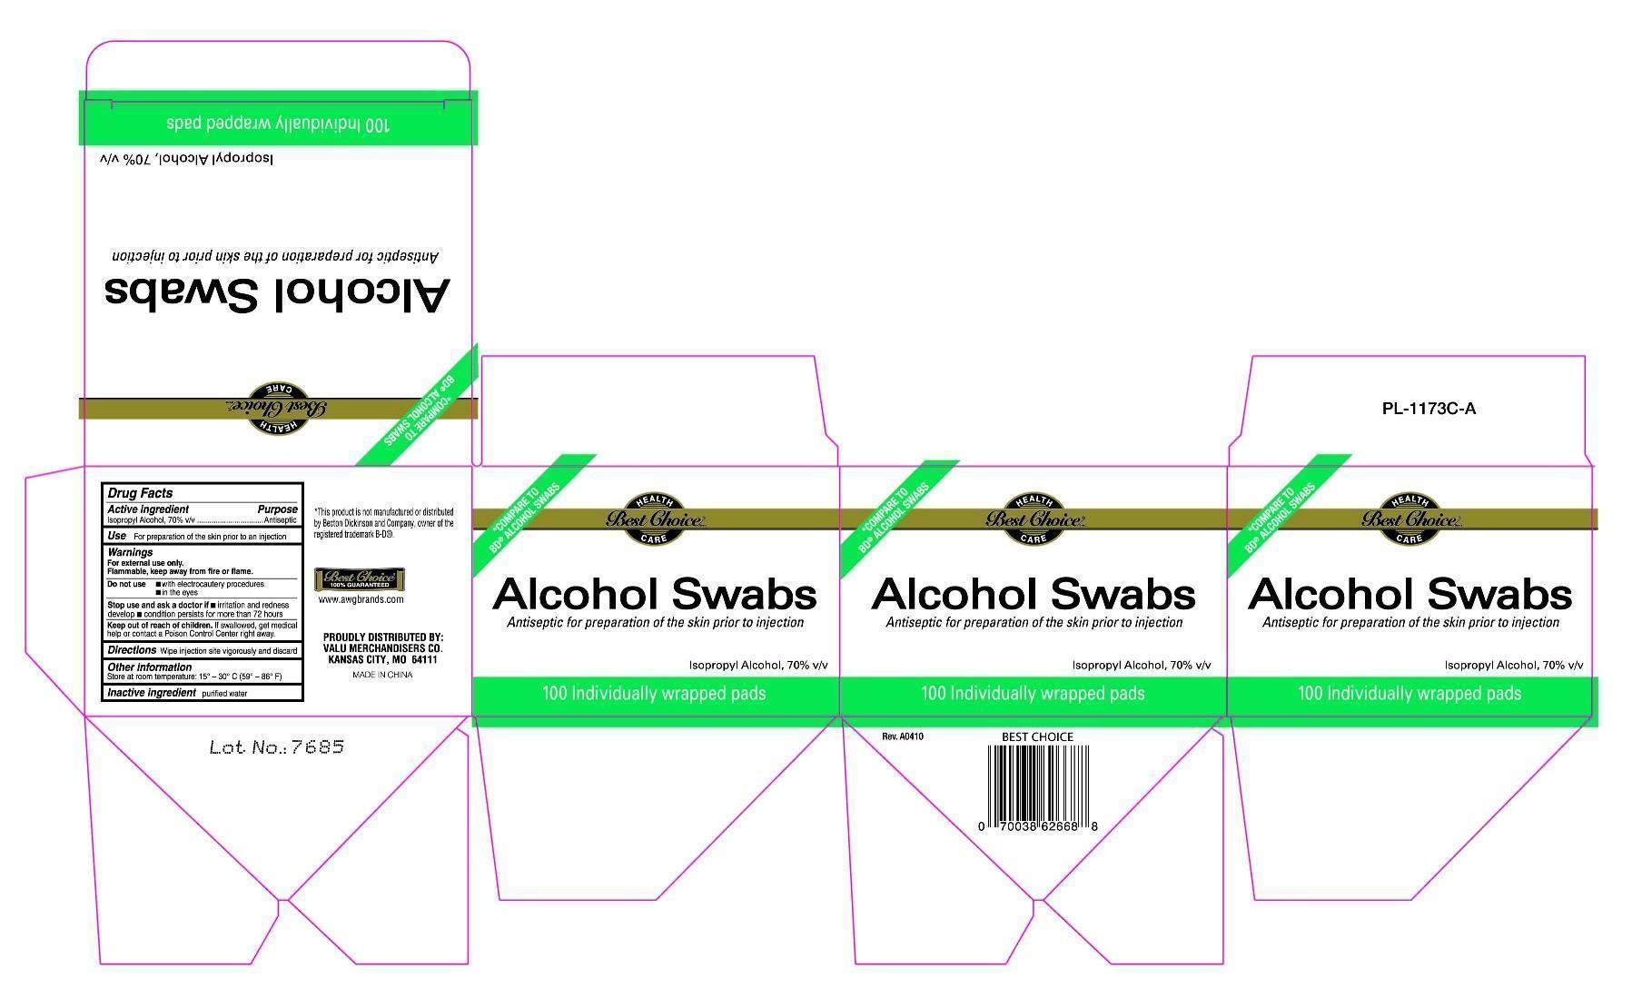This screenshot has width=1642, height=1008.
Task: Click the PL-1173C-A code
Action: coord(1429,409)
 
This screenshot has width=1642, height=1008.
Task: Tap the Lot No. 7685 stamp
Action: coord(276,747)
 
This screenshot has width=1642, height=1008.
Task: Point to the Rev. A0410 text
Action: coord(903,736)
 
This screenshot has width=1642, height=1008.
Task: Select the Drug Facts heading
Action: coord(140,493)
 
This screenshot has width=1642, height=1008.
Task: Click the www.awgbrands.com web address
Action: coord(361,599)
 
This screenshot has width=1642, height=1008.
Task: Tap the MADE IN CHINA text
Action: coord(382,675)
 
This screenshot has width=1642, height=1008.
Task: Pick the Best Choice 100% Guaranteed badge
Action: coord(360,579)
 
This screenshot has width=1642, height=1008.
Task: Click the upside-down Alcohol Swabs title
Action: coord(277,292)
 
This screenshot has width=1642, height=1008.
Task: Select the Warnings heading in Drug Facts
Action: coord(130,552)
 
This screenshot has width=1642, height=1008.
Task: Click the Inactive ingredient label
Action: coord(152,693)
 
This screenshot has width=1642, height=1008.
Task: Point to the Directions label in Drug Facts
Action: coord(132,650)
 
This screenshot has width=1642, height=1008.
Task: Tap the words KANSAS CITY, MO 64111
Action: coord(382,660)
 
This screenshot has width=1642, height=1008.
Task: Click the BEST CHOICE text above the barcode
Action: coord(1037,736)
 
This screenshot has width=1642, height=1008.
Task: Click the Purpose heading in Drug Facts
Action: coord(277,509)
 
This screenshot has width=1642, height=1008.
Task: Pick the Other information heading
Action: coord(149,667)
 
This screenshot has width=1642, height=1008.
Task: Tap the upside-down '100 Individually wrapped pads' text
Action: coord(277,124)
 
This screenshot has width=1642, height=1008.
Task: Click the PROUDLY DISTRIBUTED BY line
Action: coord(382,637)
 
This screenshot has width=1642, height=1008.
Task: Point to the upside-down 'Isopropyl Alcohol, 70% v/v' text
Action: coord(186,158)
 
